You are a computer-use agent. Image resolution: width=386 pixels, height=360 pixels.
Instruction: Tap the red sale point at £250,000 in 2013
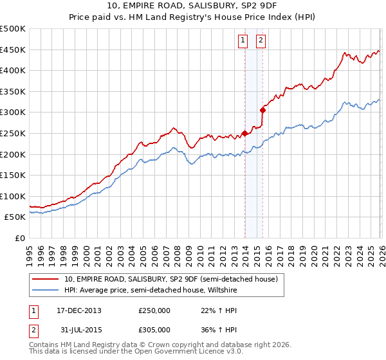click(x=244, y=134)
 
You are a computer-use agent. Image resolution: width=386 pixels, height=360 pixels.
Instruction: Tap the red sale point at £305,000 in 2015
click(x=262, y=111)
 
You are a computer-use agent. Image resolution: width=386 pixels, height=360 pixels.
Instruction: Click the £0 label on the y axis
click(x=20, y=238)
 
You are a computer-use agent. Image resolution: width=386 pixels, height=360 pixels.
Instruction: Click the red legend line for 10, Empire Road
click(x=46, y=279)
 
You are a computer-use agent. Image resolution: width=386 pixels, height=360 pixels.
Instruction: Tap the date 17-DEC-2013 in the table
click(x=78, y=310)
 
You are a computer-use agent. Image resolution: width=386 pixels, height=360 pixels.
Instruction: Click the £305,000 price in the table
click(x=154, y=330)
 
